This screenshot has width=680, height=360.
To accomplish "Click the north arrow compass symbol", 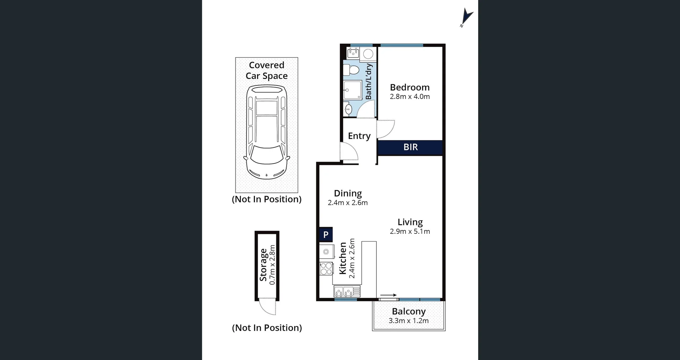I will pyautogui.click(x=466, y=17).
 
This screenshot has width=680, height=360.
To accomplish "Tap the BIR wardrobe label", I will pyautogui.click(x=410, y=147).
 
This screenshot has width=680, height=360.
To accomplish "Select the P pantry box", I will pyautogui.click(x=326, y=234).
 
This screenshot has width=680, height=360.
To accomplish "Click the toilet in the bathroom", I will pyautogui.click(x=351, y=70).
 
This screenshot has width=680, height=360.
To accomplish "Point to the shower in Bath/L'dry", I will pyautogui.click(x=352, y=90).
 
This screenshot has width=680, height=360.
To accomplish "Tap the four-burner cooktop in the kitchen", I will pyautogui.click(x=326, y=269).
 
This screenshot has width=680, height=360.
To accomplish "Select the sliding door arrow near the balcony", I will pyautogui.click(x=389, y=295).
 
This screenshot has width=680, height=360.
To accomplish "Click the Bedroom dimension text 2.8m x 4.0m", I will pyautogui.click(x=410, y=97).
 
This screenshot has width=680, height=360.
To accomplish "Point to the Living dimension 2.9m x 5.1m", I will pyautogui.click(x=410, y=231).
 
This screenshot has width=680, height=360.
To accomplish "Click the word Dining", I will pyautogui.click(x=348, y=193).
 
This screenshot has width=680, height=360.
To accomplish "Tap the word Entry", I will pyautogui.click(x=359, y=136).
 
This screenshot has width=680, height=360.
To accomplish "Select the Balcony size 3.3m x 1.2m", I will pyautogui.click(x=408, y=321).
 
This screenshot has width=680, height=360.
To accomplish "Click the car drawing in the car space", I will pyautogui.click(x=267, y=133).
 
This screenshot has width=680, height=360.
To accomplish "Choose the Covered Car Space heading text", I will pyautogui.click(x=267, y=70).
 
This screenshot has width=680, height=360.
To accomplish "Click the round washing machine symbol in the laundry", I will pyautogui.click(x=368, y=54).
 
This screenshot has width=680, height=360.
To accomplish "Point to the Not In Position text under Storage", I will pyautogui.click(x=267, y=328).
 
